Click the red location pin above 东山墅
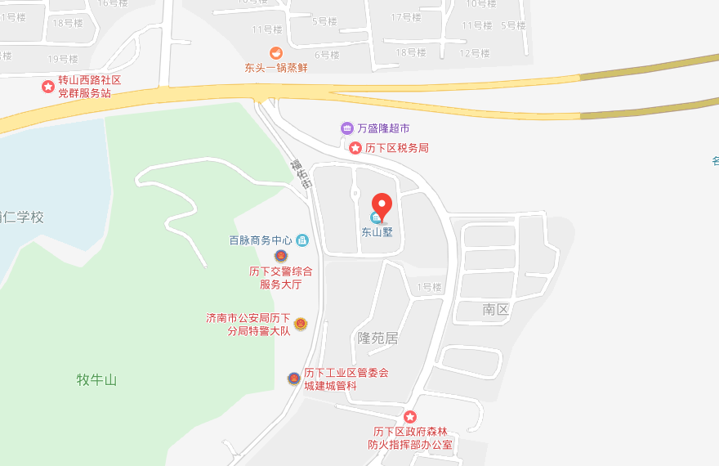(x=382, y=204)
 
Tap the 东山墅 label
(x=377, y=231)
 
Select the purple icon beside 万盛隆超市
(x=347, y=128)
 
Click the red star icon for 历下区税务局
(x=355, y=148)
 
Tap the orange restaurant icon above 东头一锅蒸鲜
(x=276, y=53)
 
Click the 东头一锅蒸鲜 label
(x=276, y=68)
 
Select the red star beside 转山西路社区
(x=48, y=86)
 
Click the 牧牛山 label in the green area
(x=97, y=379)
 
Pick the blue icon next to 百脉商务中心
(x=302, y=240)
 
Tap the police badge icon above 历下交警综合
(x=281, y=256)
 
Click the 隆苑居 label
(x=377, y=338)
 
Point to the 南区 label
(x=495, y=309)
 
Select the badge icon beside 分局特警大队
(x=301, y=324)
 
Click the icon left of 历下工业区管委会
(x=293, y=379)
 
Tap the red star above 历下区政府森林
(x=411, y=418)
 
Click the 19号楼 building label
(x=63, y=59)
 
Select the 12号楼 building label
(x=475, y=53)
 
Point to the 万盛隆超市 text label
(x=383, y=128)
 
